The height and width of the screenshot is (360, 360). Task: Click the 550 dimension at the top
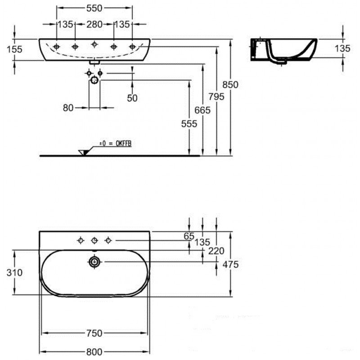coord(94,8)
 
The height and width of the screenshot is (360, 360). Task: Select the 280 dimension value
coord(94,24)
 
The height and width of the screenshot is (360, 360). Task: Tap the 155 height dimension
coord(14,49)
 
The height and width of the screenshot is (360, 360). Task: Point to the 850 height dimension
coord(230,85)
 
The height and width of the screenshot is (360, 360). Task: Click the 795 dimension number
coord(216,97)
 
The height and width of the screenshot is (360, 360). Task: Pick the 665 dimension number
coord(202,110)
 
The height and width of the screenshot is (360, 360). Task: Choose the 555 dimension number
coord(189,124)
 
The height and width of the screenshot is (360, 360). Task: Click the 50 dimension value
coord(132,98)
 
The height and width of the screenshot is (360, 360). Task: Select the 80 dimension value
coord(68,108)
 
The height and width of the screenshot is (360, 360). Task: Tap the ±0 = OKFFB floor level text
coord(116,144)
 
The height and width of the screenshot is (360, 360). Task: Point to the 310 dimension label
coord(14,273)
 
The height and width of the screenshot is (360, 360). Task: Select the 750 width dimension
coord(94,333)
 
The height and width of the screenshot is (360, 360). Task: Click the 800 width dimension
coord(94,352)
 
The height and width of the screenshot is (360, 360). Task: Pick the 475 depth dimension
coord(230,265)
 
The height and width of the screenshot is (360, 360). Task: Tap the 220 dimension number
coord(216,251)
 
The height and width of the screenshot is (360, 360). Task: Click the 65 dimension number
coord(189,236)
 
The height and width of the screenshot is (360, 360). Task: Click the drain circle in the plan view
coord(94,262)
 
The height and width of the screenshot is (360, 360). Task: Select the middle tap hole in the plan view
coord(94,241)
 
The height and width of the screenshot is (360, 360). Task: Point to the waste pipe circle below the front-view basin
coord(94,80)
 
